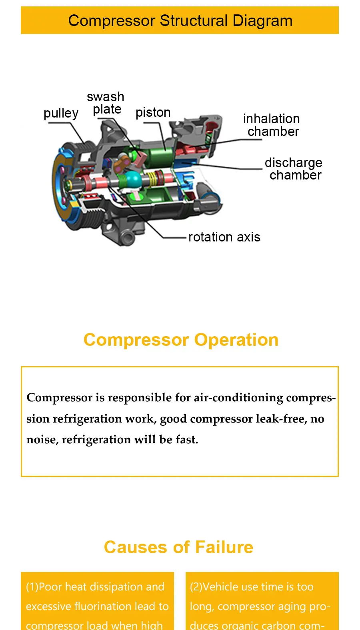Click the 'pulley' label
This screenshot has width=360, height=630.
[61, 114]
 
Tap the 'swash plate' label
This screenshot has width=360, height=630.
[106, 103]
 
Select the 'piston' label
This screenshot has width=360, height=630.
[153, 113]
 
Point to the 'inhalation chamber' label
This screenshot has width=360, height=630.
[272, 125]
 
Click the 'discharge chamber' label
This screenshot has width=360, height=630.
[294, 169]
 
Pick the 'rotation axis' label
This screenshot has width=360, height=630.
[224, 237]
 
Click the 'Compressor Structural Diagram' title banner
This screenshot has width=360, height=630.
[180, 20]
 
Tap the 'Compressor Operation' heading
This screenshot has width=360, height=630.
[181, 340]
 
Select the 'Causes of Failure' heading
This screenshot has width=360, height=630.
[178, 547]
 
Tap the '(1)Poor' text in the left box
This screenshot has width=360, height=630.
[44, 587]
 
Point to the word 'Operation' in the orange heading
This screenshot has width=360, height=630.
[236, 340]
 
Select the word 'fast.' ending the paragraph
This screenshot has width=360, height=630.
[187, 440]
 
